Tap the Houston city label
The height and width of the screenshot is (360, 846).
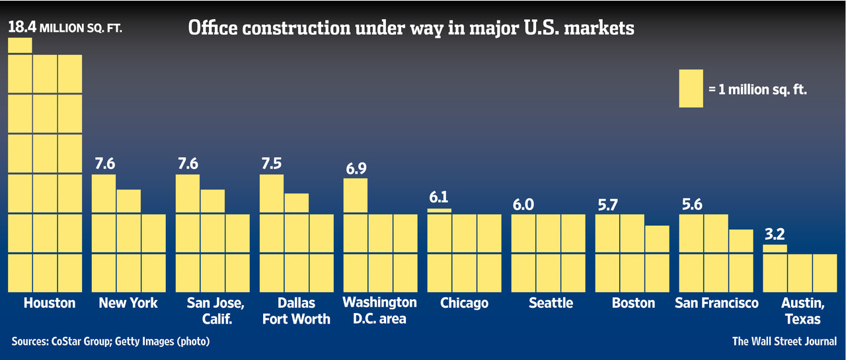(x=50, y=303)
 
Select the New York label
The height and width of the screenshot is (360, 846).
(x=128, y=303)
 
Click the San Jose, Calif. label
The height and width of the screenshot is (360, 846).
(x=212, y=310)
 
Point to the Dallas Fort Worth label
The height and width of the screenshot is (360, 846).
(x=296, y=310)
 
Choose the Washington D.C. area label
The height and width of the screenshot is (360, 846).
(x=380, y=310)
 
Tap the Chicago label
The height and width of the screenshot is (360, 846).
(x=464, y=303)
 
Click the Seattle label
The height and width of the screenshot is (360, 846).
(x=551, y=303)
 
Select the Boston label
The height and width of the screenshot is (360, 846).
(x=633, y=303)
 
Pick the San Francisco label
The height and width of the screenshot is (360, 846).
(x=717, y=303)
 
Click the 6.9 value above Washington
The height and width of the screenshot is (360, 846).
(x=356, y=168)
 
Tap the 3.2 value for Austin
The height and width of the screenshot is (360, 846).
(x=775, y=234)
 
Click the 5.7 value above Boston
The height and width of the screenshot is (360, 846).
(x=607, y=205)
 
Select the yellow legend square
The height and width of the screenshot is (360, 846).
(x=691, y=89)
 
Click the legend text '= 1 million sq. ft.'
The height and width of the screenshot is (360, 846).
(x=758, y=89)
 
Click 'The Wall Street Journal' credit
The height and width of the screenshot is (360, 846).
(x=785, y=342)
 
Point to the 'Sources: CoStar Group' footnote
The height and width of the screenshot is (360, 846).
(x=110, y=342)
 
